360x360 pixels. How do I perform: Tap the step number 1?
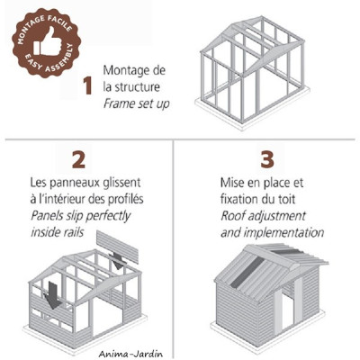(x=87, y=86)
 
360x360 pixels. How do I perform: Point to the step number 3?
(x=266, y=160)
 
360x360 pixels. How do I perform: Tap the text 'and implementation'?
(x=272, y=232)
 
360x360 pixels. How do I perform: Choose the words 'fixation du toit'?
(x=261, y=200)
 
